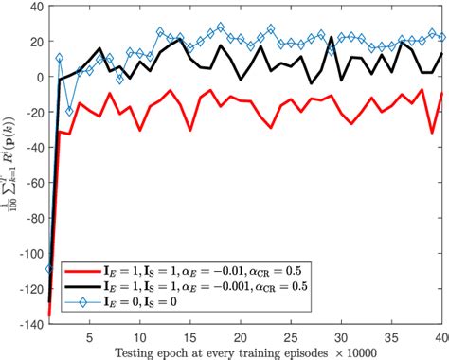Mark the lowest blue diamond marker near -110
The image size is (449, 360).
(x=48, y=268)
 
